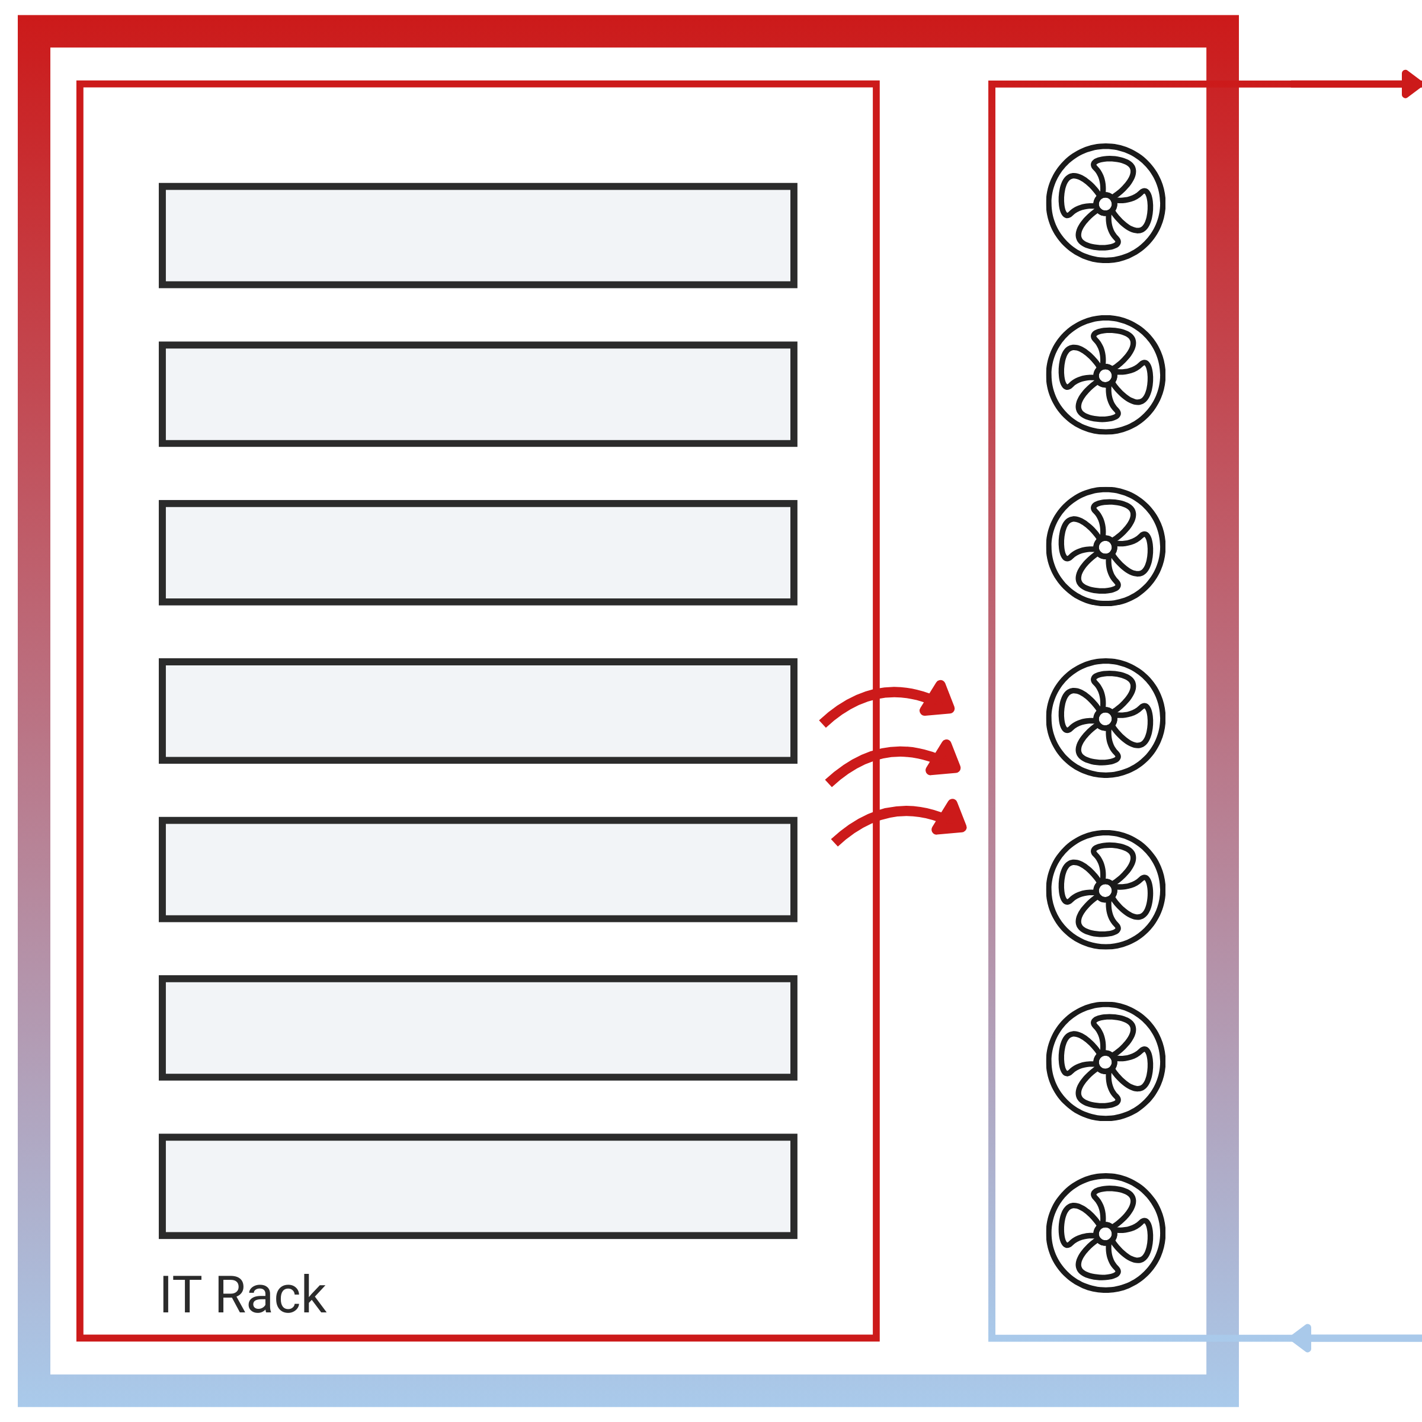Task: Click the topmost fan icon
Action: pos(1105,203)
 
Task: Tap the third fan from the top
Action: pos(1105,547)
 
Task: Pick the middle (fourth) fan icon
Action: pos(1105,718)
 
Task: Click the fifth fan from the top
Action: pos(1105,890)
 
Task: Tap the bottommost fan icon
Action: pos(1105,1233)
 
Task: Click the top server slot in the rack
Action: pos(478,236)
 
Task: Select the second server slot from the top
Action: pos(478,394)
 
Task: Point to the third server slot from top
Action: pos(478,553)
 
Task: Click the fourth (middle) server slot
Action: pos(478,711)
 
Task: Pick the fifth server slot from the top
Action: pos(478,869)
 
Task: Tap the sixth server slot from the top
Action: pos(478,1027)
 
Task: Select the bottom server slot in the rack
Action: pos(478,1186)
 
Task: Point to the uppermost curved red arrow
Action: pos(891,699)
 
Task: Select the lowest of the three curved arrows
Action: pos(902,818)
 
